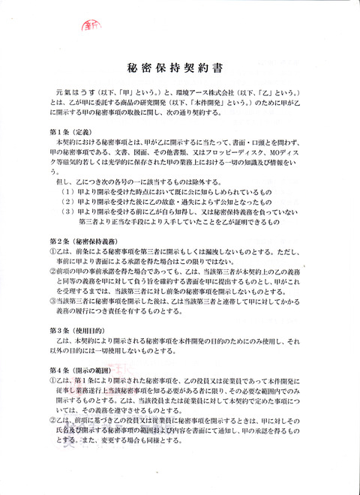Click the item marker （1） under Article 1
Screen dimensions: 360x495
(69, 190)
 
